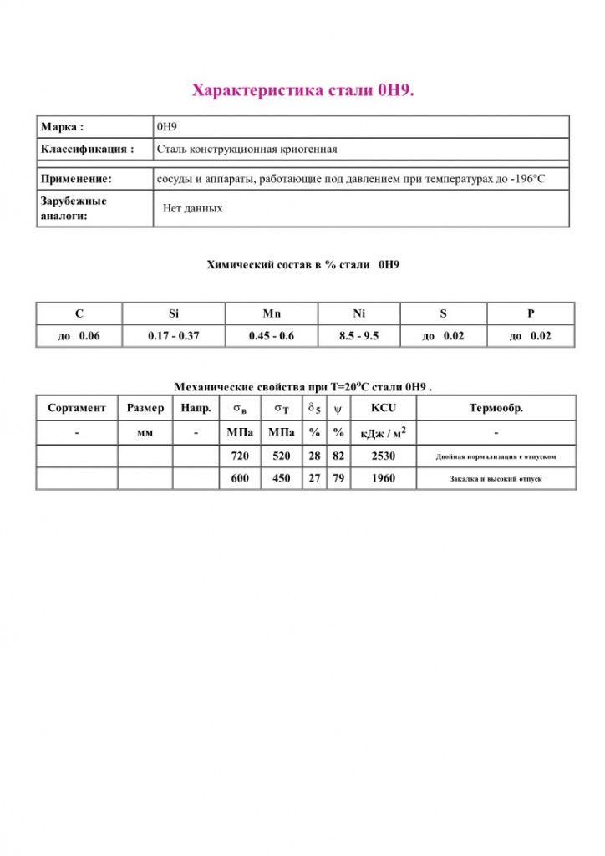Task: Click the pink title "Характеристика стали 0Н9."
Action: click(x=302, y=90)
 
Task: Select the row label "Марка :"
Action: click(x=62, y=127)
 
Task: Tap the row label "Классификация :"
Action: click(x=87, y=150)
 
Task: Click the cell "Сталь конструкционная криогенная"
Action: click(x=247, y=150)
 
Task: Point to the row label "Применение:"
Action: click(x=76, y=179)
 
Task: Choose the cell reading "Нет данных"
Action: click(x=193, y=208)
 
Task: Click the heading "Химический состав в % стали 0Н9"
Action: click(x=302, y=265)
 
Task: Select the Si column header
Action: click(x=173, y=313)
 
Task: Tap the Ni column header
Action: click(x=359, y=313)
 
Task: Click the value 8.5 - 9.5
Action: click(x=359, y=336)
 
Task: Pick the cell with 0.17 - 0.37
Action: click(x=173, y=336)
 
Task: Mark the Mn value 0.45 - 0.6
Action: click(x=271, y=336)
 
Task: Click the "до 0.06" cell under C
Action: click(x=79, y=336)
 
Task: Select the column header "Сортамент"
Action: click(x=77, y=408)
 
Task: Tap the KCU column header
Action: click(x=383, y=408)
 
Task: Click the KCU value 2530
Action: click(x=383, y=456)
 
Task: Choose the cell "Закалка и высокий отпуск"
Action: click(x=496, y=479)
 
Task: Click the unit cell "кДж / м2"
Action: click(x=383, y=433)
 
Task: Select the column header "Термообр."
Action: click(x=496, y=408)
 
